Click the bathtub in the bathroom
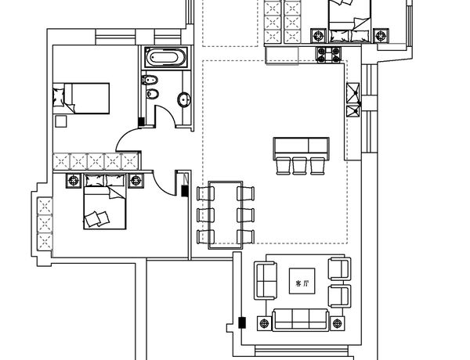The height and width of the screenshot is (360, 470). click(166, 57)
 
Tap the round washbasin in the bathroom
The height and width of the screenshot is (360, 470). click(184, 99)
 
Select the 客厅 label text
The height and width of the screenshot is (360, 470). click(302, 283)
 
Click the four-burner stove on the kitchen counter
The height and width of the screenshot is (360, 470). click(328, 55)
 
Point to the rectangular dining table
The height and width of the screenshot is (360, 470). click(226, 214)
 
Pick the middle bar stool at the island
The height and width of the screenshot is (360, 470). click(299, 166)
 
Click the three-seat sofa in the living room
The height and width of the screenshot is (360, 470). click(300, 320)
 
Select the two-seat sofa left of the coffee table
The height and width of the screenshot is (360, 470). click(266, 280)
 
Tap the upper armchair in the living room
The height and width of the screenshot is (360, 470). click(340, 269)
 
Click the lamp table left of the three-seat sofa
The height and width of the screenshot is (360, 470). click(264, 323)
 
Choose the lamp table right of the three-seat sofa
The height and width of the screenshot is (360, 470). click(337, 323)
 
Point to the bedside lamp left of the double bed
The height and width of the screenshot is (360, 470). click(74, 181)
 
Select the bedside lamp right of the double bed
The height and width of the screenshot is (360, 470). click(136, 181)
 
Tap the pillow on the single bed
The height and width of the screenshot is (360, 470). click(59, 97)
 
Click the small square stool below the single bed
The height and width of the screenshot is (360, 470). click(61, 121)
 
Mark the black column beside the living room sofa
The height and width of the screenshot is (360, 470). click(242, 322)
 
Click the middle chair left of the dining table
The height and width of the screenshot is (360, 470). click(205, 215)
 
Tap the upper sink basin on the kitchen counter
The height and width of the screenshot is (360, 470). click(352, 89)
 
